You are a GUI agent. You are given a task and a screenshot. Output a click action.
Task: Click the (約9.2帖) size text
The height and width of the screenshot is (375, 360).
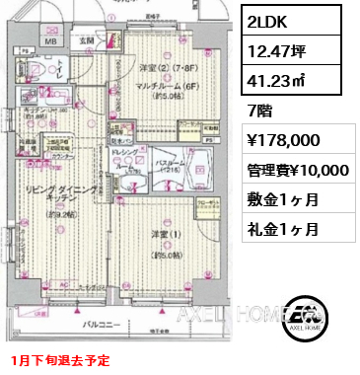pos(49,213)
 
